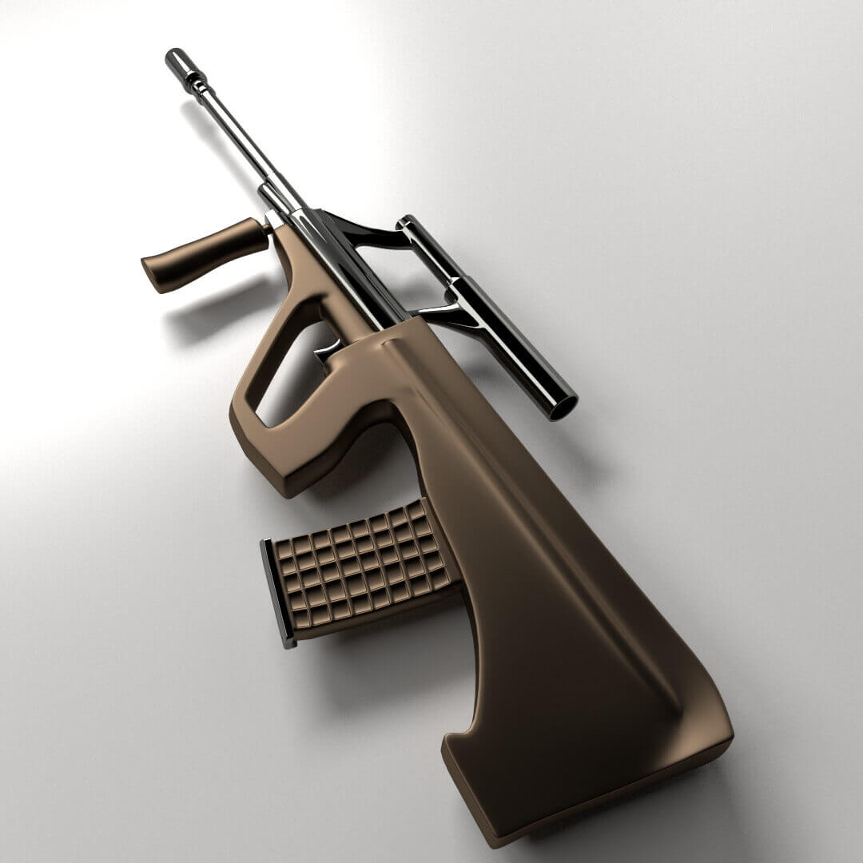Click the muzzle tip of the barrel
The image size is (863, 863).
click(x=174, y=58)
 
